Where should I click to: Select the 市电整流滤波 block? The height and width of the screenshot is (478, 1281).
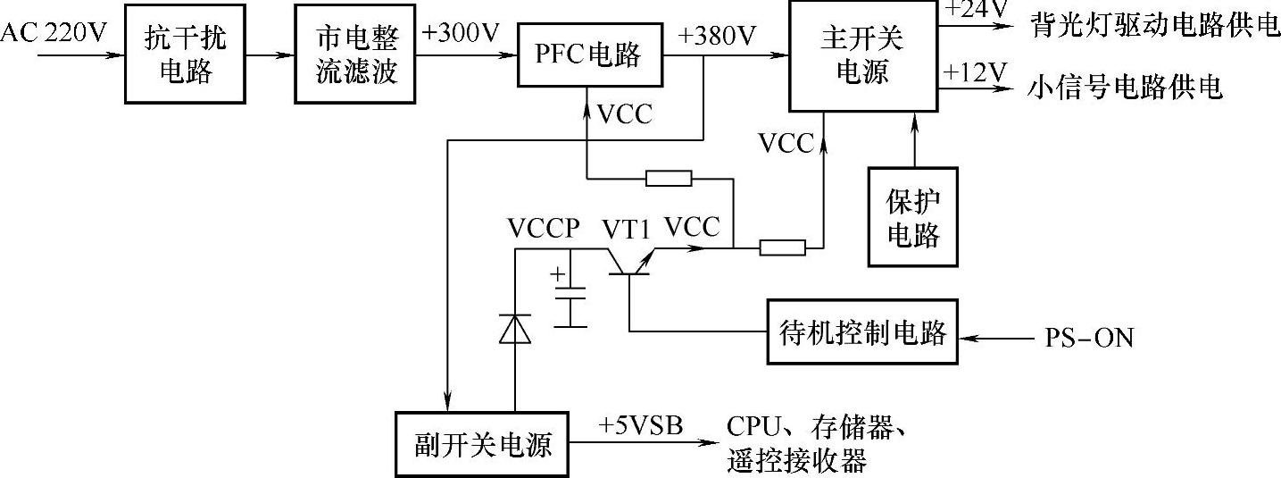pos(355,55)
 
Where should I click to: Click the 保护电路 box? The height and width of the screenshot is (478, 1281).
pos(913,217)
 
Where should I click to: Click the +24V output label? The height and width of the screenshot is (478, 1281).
pos(977,10)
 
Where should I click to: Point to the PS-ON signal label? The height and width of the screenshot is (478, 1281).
pos(1089,339)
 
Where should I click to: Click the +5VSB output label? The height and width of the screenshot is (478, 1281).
pos(642,424)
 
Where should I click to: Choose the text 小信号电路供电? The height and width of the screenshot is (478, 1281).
pos(1125,88)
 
